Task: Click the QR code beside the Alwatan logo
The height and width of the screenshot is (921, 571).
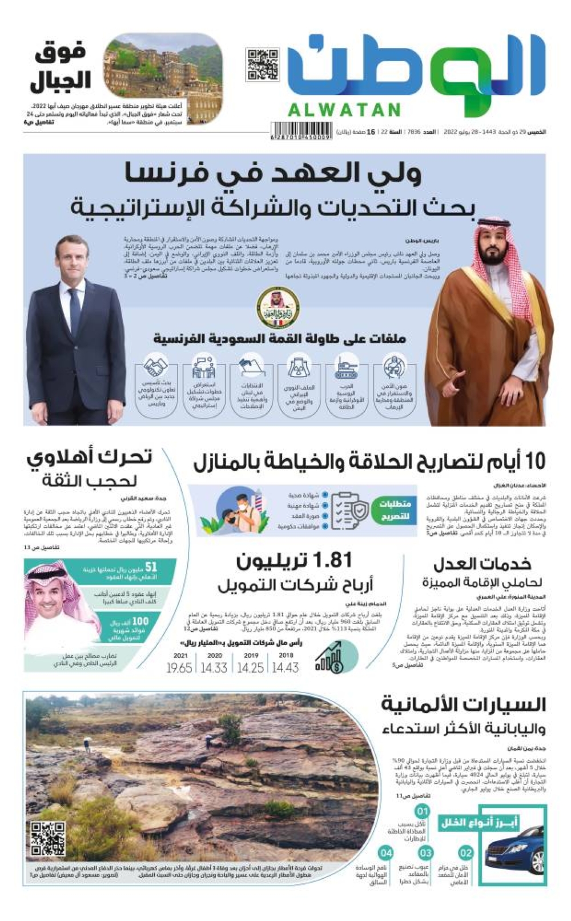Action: [263, 65]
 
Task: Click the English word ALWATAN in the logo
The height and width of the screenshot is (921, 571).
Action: [344, 110]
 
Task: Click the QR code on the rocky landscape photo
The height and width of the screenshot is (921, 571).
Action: [47, 839]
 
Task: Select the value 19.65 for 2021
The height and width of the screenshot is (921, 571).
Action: [179, 667]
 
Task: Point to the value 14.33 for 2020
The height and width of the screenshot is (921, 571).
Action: [214, 667]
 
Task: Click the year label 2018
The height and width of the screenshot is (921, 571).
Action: [286, 655]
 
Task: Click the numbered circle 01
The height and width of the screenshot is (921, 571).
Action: [422, 811]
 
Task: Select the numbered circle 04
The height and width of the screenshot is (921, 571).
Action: [387, 853]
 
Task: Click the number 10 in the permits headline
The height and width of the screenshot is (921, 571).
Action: [534, 461]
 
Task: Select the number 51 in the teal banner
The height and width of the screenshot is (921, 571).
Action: [151, 567]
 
